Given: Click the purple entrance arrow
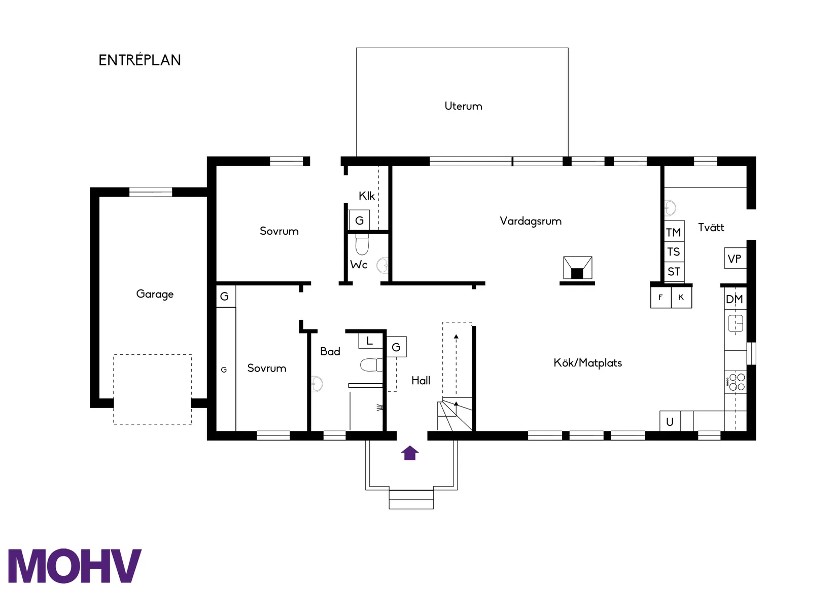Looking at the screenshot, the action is coord(410,453).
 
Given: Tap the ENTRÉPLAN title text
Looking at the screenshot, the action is coord(139,60).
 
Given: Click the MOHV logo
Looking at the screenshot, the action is coord(75,566).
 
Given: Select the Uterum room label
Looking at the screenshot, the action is coord(463,106).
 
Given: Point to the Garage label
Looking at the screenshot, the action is coord(155,294).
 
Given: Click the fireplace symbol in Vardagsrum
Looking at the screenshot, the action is coord(577,268).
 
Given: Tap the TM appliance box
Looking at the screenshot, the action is coord(674,232).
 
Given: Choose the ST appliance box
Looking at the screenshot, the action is coord(674,271).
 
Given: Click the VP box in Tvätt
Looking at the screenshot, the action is coord(735,258).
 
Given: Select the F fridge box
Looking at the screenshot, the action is coord(660,297).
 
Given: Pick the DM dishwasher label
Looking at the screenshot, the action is coord(734,299).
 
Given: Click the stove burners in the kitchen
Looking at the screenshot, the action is coord(735,382).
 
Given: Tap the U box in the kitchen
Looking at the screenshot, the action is coord(670,421).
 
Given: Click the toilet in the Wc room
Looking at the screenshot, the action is coord(362,244).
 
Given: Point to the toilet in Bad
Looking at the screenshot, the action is coord(371,365).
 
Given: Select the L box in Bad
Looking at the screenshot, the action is coord(370,341).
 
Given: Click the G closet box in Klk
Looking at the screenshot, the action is coord(359,220).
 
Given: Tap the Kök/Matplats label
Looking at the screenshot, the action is coord(588,363).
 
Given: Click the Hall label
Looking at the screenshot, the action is coord(421,381).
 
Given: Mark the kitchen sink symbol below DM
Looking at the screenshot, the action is coord(736,323).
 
